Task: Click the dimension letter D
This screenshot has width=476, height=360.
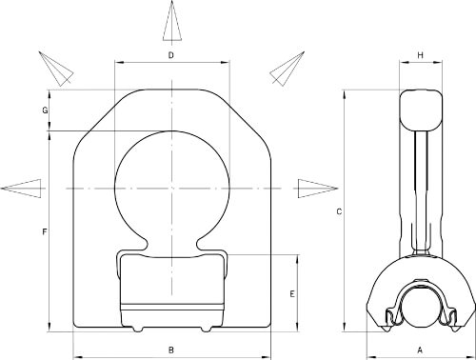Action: pyautogui.click(x=171, y=55)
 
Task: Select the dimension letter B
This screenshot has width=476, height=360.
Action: pyautogui.click(x=171, y=350)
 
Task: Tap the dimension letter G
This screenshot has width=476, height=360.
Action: pyautogui.click(x=45, y=110)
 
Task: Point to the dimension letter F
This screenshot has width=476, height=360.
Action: pyautogui.click(x=45, y=232)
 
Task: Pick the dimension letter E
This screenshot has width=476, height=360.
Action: pyautogui.click(x=292, y=294)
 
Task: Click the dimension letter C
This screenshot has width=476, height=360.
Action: pyautogui.click(x=339, y=211)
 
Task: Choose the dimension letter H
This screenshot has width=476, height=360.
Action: pyautogui.click(x=420, y=55)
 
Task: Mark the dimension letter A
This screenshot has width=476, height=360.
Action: pyautogui.click(x=420, y=350)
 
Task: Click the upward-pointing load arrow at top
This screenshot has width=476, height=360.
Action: pyautogui.click(x=172, y=21)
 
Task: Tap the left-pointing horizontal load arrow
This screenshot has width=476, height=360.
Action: pyautogui.click(x=21, y=189)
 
